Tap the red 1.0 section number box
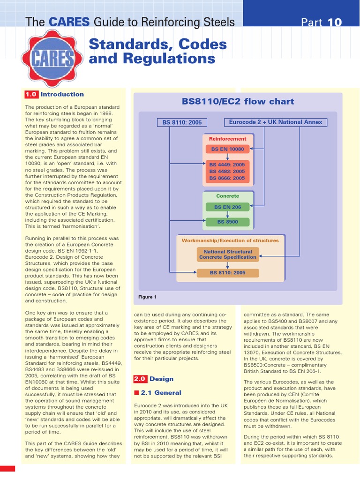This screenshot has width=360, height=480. (31, 94)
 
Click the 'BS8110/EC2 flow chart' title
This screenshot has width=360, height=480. (238, 101)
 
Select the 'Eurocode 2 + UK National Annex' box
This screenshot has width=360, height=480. (276, 122)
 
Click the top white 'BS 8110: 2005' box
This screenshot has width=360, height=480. (182, 122)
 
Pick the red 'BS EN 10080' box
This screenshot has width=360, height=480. (228, 149)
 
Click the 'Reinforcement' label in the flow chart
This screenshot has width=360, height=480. (227, 139)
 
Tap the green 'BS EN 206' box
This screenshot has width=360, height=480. (227, 207)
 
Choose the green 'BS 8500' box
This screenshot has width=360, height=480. (227, 222)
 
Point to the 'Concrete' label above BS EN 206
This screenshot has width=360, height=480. (227, 196)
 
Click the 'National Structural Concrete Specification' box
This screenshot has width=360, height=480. (228, 255)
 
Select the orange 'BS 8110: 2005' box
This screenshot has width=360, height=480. (228, 272)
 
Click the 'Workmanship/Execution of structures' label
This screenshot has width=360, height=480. (230, 240)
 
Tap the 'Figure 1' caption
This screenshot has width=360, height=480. (147, 297)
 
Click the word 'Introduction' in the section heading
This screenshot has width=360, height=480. (62, 94)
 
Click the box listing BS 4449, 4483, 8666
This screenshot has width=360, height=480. (227, 172)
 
